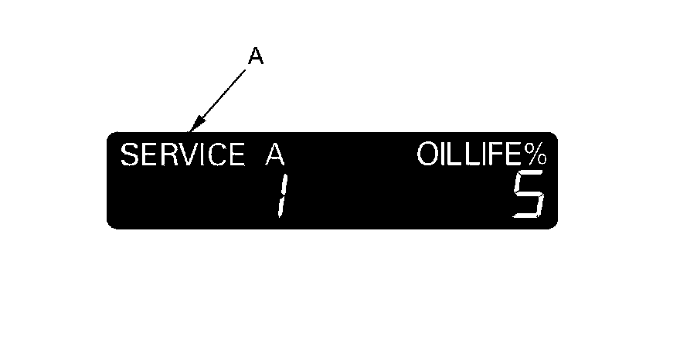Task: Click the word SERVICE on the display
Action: click(181, 156)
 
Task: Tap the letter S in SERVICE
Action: click(129, 156)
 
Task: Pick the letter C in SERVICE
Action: click(213, 156)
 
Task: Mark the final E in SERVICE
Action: click(234, 156)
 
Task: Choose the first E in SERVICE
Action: click(147, 156)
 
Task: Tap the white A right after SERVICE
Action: click(274, 156)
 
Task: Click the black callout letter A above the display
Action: click(256, 56)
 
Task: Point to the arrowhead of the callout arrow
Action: click(194, 126)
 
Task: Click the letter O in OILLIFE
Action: click(427, 156)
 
